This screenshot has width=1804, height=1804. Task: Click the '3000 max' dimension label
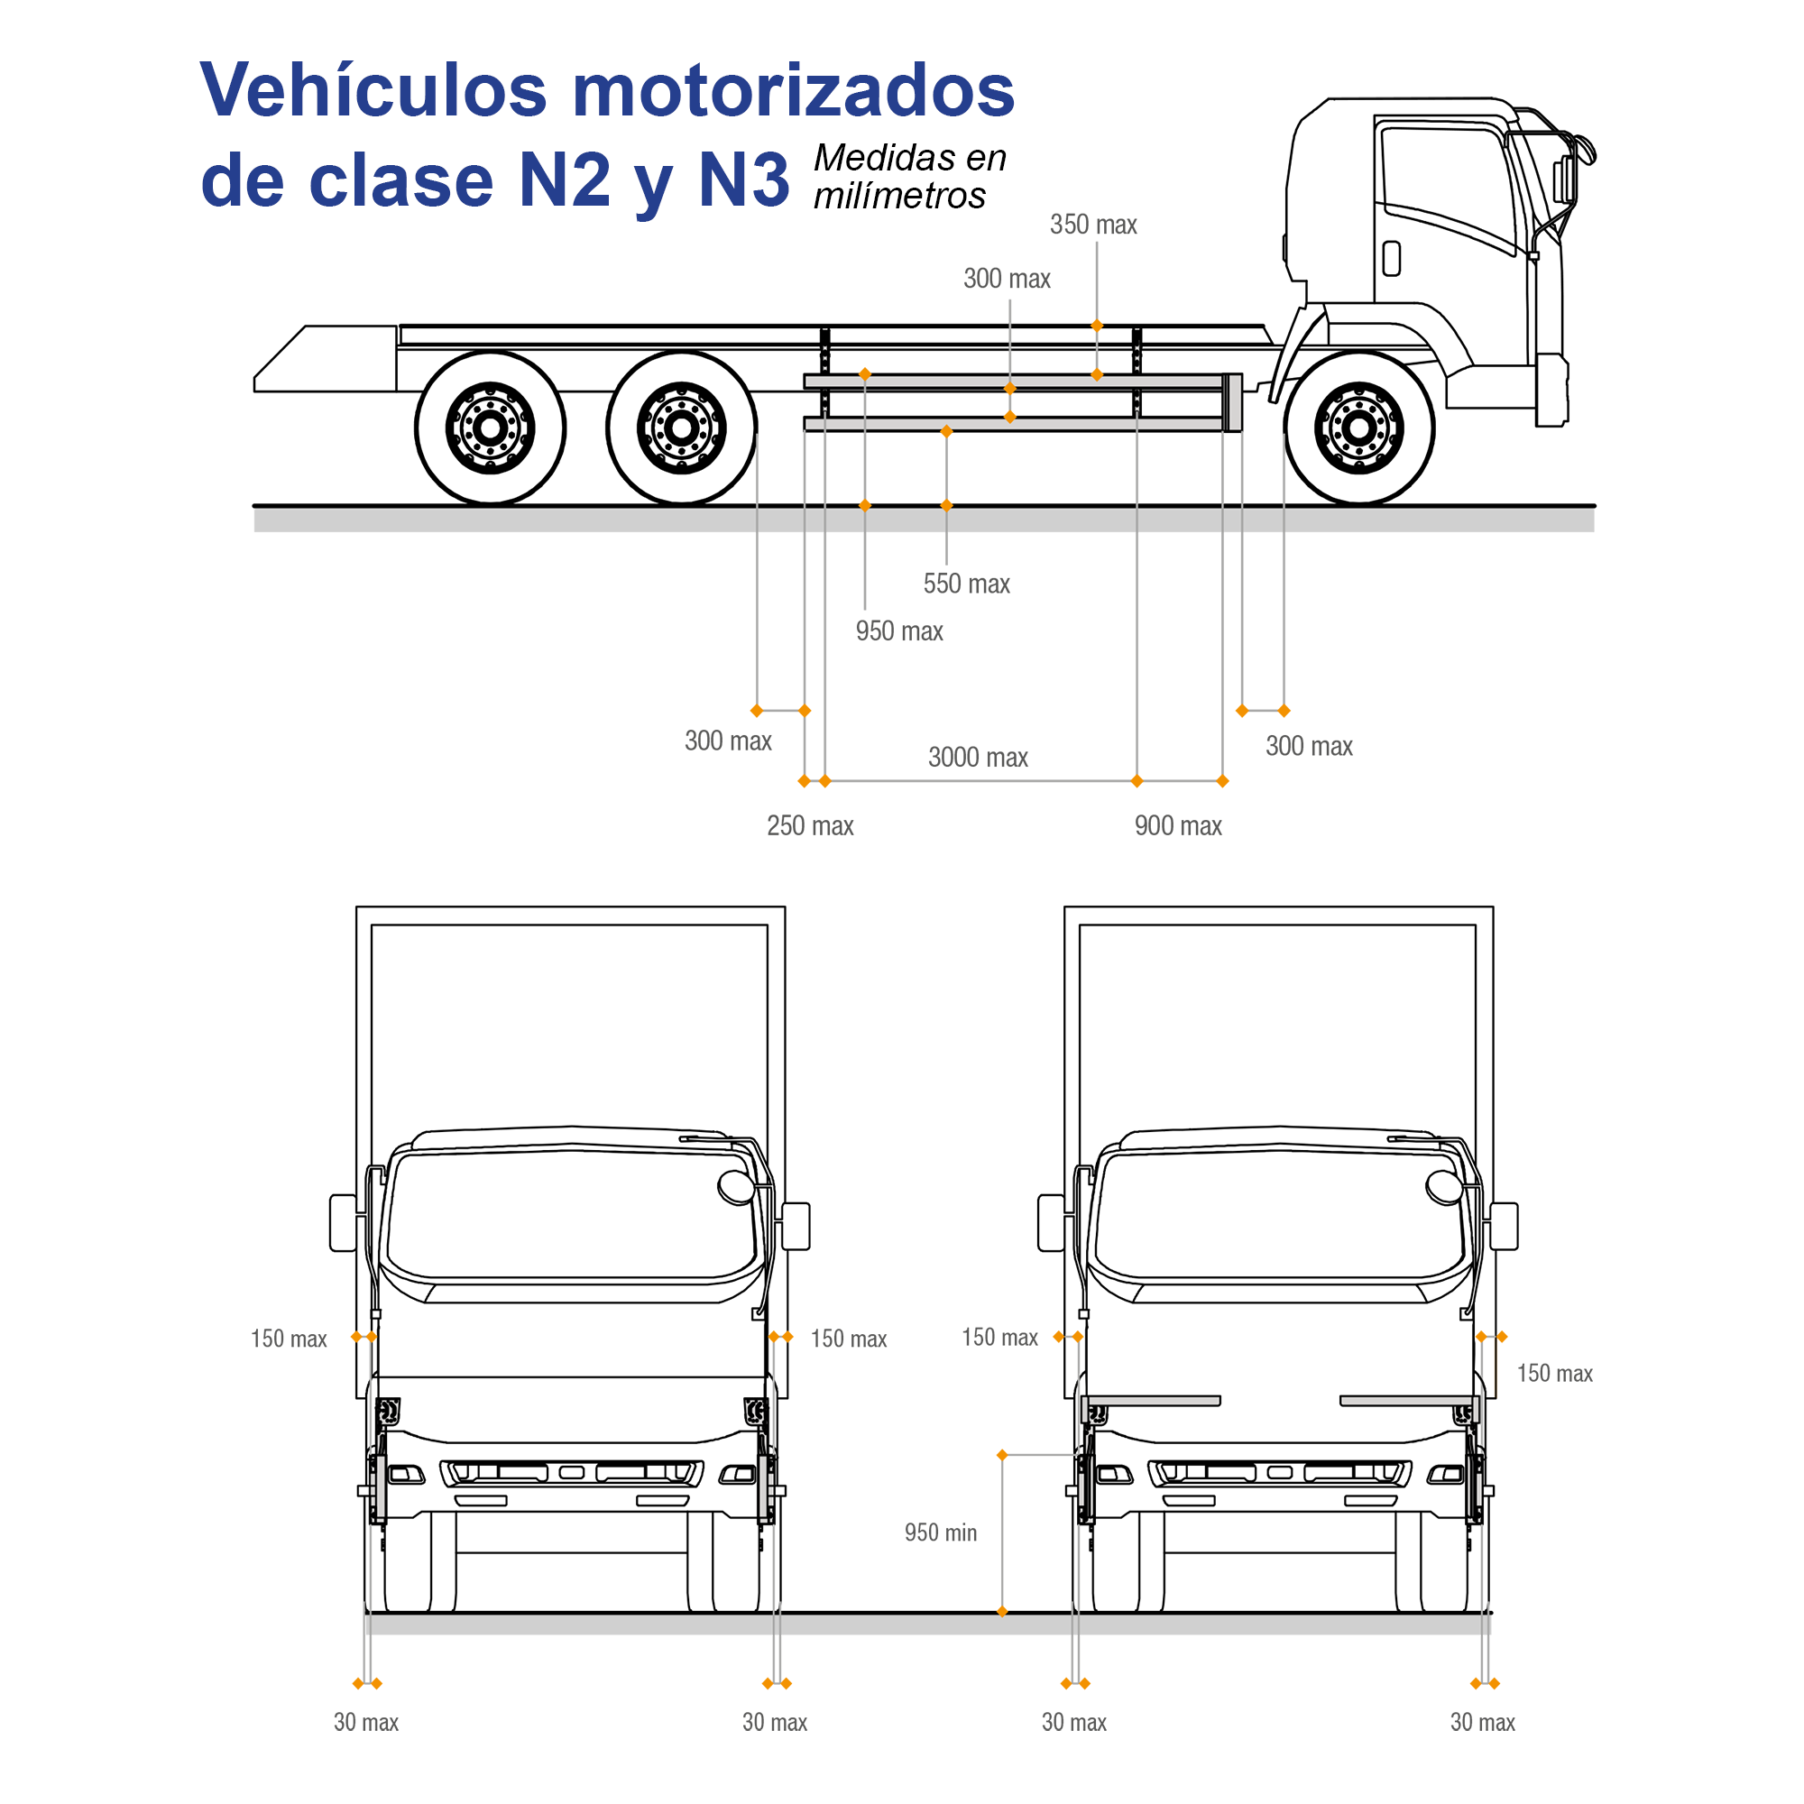978,758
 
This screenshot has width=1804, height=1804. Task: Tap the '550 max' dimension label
966,584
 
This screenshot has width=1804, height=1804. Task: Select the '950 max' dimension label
899,631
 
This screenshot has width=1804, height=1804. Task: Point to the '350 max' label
1093,225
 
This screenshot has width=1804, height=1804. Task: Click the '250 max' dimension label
811,825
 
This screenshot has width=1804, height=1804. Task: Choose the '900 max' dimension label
1177,825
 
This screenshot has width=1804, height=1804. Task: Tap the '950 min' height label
940,1533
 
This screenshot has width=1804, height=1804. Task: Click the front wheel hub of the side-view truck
1358,428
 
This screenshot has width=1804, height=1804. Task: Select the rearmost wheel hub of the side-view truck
490,428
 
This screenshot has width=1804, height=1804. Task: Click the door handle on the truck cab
1391,259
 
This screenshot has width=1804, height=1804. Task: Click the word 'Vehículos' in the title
373,90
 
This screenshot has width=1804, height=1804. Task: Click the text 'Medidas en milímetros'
908,177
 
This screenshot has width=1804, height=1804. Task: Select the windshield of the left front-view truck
571,1215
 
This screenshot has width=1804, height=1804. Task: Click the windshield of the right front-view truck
1279,1215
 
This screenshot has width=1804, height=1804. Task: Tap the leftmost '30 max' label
366,1723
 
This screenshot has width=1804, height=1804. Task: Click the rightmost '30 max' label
1483,1723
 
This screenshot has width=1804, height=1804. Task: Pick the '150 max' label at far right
1555,1374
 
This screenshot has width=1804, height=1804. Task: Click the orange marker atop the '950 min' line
1002,1456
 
